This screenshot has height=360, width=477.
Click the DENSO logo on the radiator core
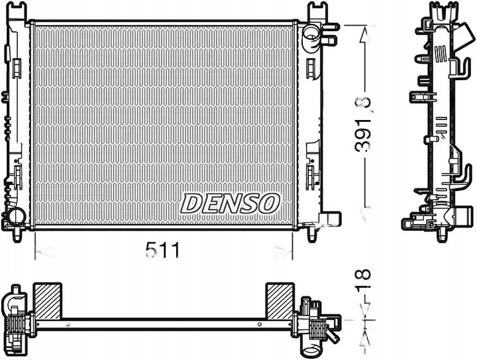pos(231,204)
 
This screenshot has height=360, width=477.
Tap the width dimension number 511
pos(162,251)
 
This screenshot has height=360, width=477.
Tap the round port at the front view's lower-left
pos(15,215)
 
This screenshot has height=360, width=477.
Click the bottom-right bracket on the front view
pos(329,219)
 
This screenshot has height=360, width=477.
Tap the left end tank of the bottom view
pos(19,322)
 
